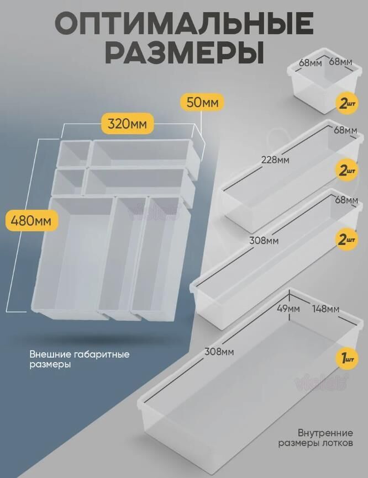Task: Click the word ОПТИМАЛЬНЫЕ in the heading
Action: coord(185,24)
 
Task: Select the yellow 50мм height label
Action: coord(202,102)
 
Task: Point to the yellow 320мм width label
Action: coord(127,124)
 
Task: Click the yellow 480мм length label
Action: coord(31,220)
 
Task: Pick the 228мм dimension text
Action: coord(275,160)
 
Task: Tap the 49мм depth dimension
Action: coord(288,309)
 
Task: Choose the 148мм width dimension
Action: coord(325,309)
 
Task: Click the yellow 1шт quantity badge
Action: coord(346,359)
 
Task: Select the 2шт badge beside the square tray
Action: coord(346,104)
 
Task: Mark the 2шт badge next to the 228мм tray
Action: coord(346,171)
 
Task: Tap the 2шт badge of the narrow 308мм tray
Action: coord(346,240)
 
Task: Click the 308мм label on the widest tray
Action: coord(219,352)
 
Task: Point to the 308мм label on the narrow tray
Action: coord(264,241)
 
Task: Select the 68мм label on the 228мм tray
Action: coord(345,130)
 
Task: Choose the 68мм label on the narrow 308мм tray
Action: coord(346,200)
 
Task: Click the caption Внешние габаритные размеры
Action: coord(80,359)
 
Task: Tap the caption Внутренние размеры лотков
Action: coord(316,438)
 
